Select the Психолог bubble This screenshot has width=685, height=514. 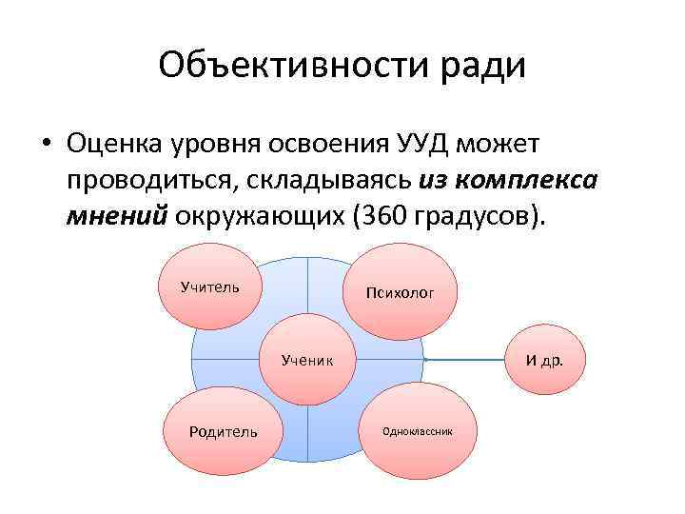pos(400,293)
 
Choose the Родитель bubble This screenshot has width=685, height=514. pos(223,431)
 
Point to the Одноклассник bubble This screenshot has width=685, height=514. pos(417,431)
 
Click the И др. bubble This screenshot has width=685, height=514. pos(544,361)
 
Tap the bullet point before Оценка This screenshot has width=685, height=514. pos(46,145)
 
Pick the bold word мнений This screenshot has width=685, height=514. pos(117,215)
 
